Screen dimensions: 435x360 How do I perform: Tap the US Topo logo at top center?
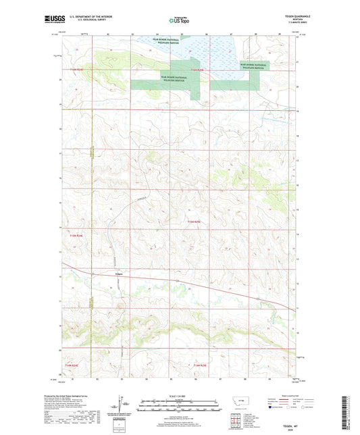[x=180, y=20]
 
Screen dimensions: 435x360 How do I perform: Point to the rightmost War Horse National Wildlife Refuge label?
[x=253, y=66]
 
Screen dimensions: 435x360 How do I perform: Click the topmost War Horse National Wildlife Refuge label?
[x=167, y=41]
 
